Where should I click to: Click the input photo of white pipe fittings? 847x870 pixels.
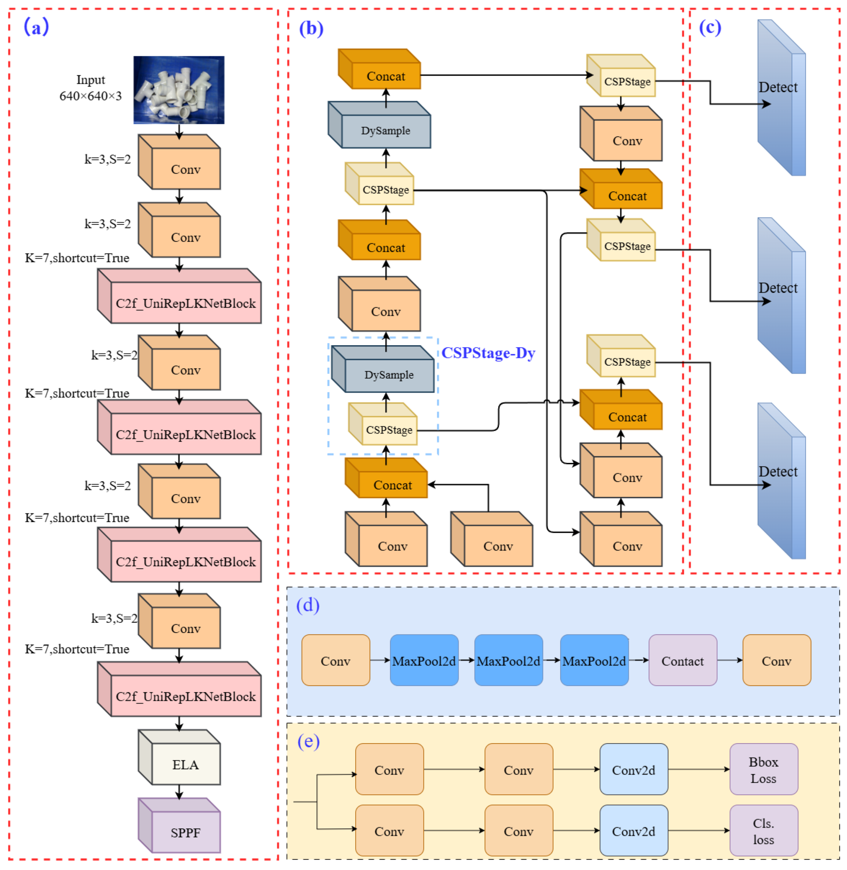pyautogui.click(x=179, y=90)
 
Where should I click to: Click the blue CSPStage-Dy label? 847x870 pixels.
pyautogui.click(x=488, y=353)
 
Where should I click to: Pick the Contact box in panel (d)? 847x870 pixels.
pyautogui.click(x=682, y=661)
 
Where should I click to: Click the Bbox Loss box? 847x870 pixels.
pyautogui.click(x=763, y=770)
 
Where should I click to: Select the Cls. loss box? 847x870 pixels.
pyautogui.click(x=763, y=831)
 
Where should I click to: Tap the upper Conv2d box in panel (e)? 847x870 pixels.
pyautogui.click(x=634, y=770)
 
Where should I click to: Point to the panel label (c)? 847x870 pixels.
pyautogui.click(x=710, y=28)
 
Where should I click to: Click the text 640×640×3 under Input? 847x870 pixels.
pyautogui.click(x=90, y=96)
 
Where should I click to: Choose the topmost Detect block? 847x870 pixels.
pyautogui.click(x=782, y=98)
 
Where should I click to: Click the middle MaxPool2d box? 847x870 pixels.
pyautogui.click(x=508, y=661)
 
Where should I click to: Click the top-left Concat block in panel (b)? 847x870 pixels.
pyautogui.click(x=385, y=76)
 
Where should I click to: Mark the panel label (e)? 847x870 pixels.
pyautogui.click(x=308, y=742)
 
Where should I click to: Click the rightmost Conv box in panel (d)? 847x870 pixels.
pyautogui.click(x=776, y=661)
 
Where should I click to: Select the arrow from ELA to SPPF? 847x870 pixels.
pyautogui.click(x=179, y=791)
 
